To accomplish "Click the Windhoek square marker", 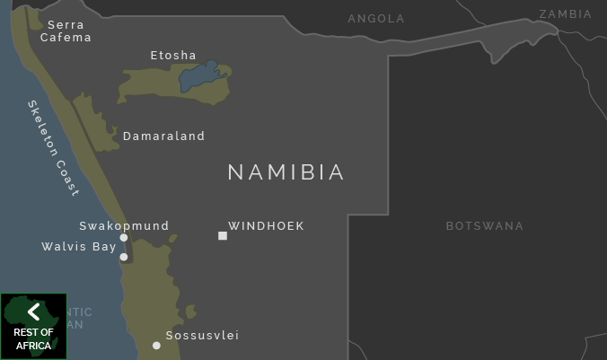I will click(223, 236).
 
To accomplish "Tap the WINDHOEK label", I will click(266, 226).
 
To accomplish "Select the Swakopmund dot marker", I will click(124, 238).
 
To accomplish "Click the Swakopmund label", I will click(124, 226).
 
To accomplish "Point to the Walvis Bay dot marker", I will click(124, 257).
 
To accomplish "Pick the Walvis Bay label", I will click(79, 247).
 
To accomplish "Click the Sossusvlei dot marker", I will click(156, 346).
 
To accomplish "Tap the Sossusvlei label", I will click(202, 336).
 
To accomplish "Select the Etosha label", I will click(173, 56).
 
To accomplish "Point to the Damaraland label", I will click(163, 136).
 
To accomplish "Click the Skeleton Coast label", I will click(54, 147).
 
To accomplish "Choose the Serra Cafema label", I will click(66, 31).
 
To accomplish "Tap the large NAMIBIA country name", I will click(286, 172).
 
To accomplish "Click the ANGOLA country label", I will click(376, 19).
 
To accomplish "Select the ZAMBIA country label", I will click(565, 14).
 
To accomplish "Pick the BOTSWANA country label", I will click(485, 226).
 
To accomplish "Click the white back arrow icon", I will click(34, 312).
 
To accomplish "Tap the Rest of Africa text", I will click(34, 339).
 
